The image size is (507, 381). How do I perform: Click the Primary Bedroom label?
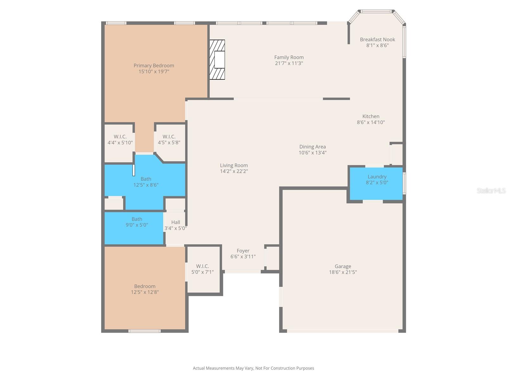click(154, 66)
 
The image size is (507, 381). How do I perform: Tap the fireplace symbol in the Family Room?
click(217, 59)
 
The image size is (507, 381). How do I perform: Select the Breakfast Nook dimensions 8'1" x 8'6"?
click(377, 45)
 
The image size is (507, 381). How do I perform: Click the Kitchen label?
click(371, 117)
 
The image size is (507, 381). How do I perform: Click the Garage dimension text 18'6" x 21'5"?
click(343, 272)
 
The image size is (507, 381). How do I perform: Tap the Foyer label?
click(243, 251)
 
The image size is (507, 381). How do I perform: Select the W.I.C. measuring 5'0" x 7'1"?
click(202, 269)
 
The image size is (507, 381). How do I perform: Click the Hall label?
click(176, 222)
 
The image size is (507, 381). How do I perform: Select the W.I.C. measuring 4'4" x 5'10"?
click(120, 140)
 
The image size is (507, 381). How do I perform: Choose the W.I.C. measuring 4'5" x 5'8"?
click(169, 140)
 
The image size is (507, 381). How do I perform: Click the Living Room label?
click(234, 165)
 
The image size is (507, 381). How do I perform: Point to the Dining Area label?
click(312, 147)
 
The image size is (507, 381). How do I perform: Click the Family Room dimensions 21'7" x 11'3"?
click(289, 63)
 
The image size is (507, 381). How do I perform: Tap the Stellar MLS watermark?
click(491, 190)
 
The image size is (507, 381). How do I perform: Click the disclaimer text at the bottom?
click(253, 368)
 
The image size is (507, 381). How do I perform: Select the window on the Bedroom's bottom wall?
click(144, 331)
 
